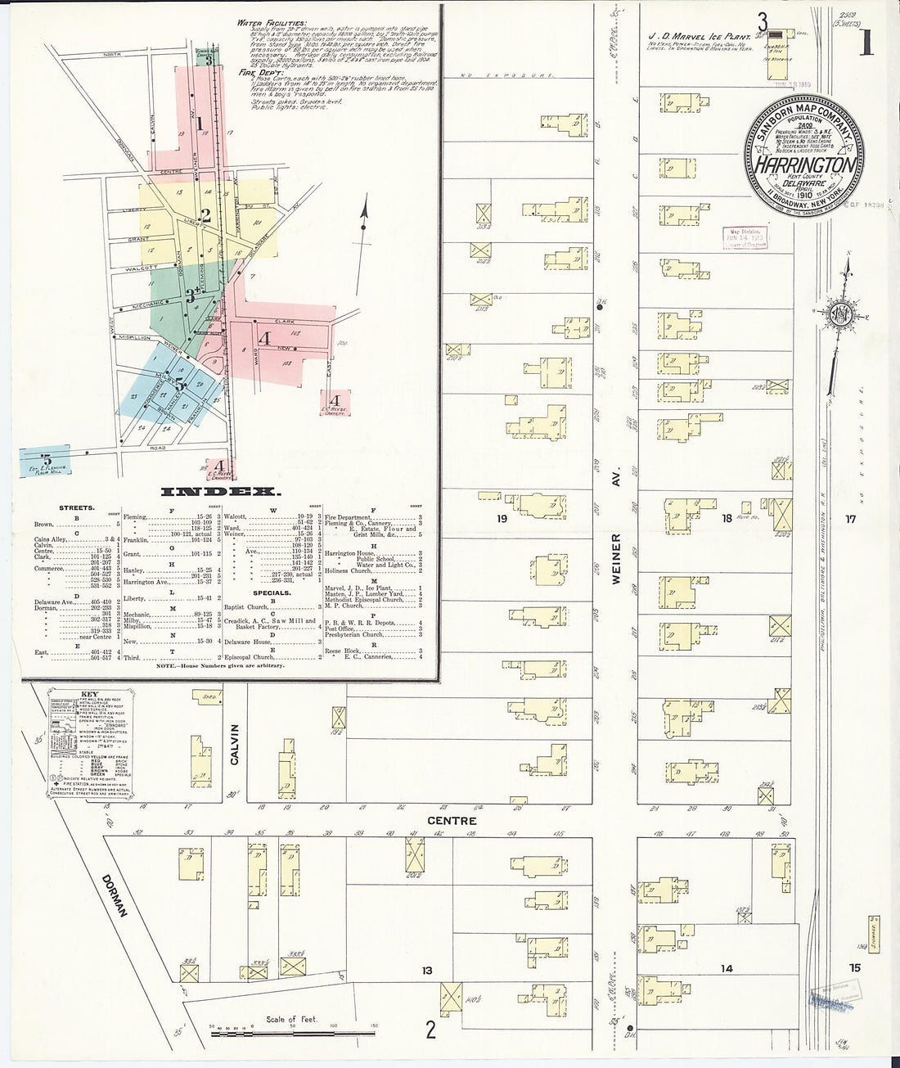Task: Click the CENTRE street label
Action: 451,820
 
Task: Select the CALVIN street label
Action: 235,744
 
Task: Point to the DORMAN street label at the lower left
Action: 115,895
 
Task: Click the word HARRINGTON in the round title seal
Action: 805,164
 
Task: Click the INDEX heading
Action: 220,492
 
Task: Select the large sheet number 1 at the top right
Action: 866,42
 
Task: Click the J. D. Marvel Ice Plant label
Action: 700,37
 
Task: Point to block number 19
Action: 502,518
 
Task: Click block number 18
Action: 727,518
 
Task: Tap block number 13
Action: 426,971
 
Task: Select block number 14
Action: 726,968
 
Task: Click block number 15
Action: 854,967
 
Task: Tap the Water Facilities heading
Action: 272,23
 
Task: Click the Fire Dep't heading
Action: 258,72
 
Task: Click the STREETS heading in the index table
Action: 76,508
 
